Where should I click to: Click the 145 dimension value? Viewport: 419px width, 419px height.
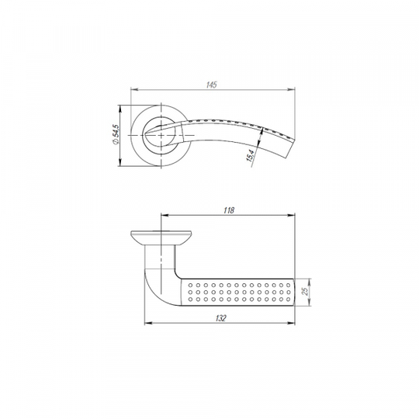(212, 85)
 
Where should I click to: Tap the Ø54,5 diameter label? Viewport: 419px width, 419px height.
(116, 134)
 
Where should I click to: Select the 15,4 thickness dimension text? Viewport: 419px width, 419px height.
(251, 155)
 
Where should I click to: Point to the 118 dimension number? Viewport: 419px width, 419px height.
(229, 210)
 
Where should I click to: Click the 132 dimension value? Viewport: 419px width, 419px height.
(220, 318)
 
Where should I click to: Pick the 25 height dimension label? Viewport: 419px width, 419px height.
(305, 291)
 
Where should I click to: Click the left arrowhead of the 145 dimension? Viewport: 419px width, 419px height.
(134, 89)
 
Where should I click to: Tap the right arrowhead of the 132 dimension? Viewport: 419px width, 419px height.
(291, 323)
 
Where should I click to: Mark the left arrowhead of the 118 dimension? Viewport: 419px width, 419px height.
(164, 215)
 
